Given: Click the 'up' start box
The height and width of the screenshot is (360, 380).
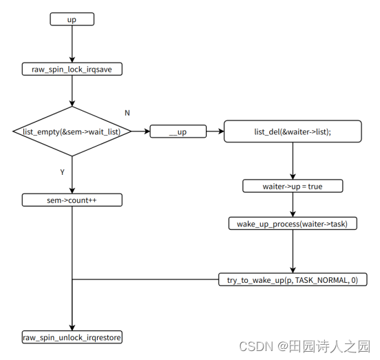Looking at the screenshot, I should click(72, 19).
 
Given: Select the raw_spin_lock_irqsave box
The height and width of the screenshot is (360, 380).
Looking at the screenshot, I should click(72, 69).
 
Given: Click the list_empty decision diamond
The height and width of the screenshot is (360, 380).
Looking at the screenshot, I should click(72, 131).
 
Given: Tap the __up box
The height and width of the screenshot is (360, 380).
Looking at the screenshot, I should click(178, 131).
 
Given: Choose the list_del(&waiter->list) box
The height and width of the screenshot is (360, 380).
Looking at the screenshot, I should click(293, 131).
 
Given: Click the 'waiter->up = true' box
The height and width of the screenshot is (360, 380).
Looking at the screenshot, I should click(293, 187).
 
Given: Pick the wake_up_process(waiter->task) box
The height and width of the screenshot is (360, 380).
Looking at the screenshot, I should click(293, 224).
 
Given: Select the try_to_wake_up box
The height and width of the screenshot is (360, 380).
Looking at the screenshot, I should click(293, 279).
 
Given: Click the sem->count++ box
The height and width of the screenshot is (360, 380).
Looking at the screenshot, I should click(72, 200).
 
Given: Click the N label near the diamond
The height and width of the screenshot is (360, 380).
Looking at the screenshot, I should click(127, 112).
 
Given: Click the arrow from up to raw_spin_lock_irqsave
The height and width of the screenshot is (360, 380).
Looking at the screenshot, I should click(72, 44).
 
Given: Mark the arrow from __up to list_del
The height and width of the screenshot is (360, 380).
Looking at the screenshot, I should click(214, 131).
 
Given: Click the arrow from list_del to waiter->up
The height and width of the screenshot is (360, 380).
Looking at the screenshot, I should click(293, 161).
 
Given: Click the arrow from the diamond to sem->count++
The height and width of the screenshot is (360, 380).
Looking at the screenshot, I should click(72, 175).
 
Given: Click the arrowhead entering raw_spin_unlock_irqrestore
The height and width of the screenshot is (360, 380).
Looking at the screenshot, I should click(72, 327).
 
